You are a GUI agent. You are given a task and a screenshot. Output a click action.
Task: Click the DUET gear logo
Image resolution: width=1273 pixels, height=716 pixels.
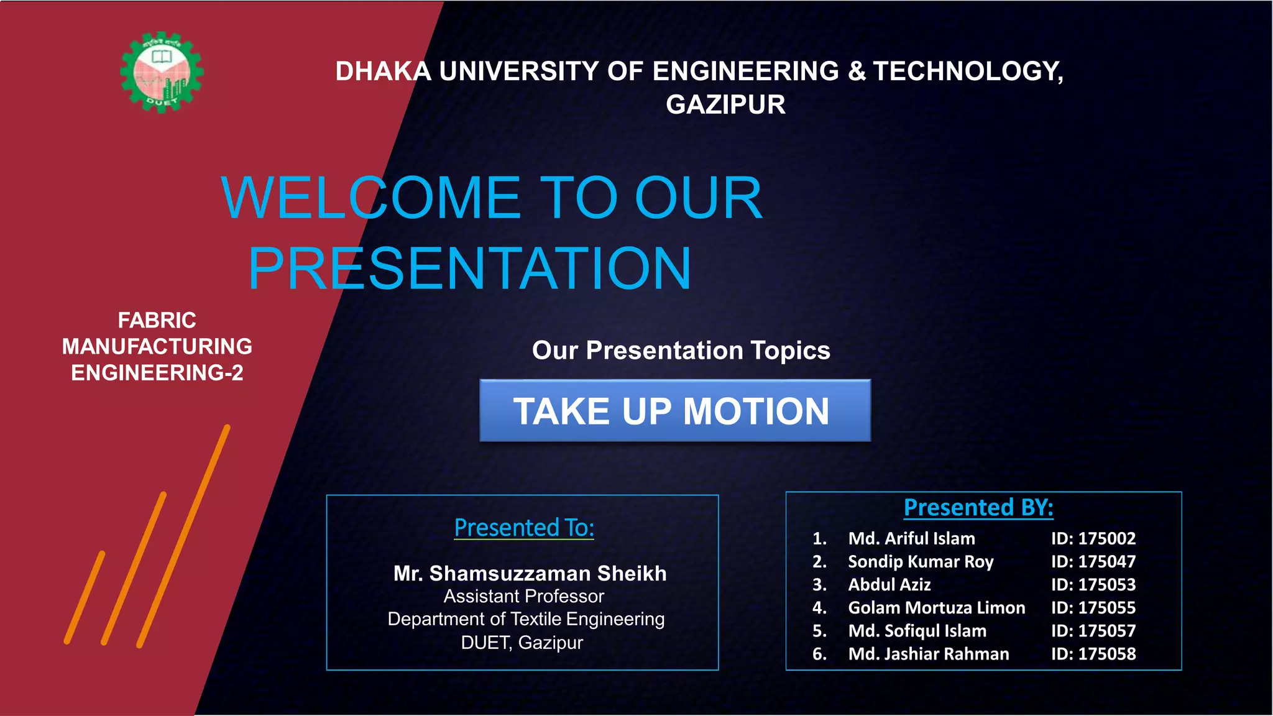pos(162,72)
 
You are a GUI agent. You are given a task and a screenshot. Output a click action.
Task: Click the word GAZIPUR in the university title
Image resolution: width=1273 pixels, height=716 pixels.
pos(725,104)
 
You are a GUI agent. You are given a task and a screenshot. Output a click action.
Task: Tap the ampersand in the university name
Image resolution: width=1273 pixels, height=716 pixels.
pos(857,71)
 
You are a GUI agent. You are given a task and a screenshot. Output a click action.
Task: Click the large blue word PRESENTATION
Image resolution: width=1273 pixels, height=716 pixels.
pos(469,268)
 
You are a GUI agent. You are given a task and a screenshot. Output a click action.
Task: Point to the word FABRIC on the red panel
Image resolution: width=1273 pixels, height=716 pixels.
pos(157,320)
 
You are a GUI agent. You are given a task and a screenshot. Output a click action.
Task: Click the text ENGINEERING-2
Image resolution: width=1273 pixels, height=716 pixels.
pos(157,373)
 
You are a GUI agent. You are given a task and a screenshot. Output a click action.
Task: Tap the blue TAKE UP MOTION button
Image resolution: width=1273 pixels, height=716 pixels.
pos(674,411)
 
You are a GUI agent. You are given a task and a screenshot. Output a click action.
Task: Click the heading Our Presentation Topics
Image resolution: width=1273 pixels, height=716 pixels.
pos(681,351)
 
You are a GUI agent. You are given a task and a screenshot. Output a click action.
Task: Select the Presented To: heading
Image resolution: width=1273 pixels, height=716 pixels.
pos(523,528)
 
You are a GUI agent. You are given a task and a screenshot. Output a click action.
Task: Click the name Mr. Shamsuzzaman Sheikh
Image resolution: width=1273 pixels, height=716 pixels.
pos(530,573)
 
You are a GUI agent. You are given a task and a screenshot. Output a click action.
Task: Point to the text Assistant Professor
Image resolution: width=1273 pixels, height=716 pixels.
pos(523,597)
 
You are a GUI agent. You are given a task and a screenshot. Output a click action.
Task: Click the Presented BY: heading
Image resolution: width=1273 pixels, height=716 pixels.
pos(978,508)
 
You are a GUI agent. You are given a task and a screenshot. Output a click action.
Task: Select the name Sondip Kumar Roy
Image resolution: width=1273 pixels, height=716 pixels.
pos(921,562)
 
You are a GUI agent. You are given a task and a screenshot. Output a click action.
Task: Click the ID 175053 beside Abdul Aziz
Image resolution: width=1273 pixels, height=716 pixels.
pos(1093,585)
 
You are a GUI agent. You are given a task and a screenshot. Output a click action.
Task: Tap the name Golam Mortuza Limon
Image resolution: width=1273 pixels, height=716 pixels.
pos(936,608)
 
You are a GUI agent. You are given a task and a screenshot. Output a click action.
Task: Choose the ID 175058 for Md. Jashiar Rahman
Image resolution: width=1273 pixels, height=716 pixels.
pos(1093,654)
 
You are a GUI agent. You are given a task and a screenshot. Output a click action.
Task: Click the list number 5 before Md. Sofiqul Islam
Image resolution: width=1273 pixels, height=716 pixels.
pos(819,631)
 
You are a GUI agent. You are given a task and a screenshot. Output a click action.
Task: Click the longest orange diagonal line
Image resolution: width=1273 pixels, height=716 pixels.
pos(183,536)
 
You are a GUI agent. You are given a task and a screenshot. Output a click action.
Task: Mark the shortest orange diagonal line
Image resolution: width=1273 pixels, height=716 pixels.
pos(85,597)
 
